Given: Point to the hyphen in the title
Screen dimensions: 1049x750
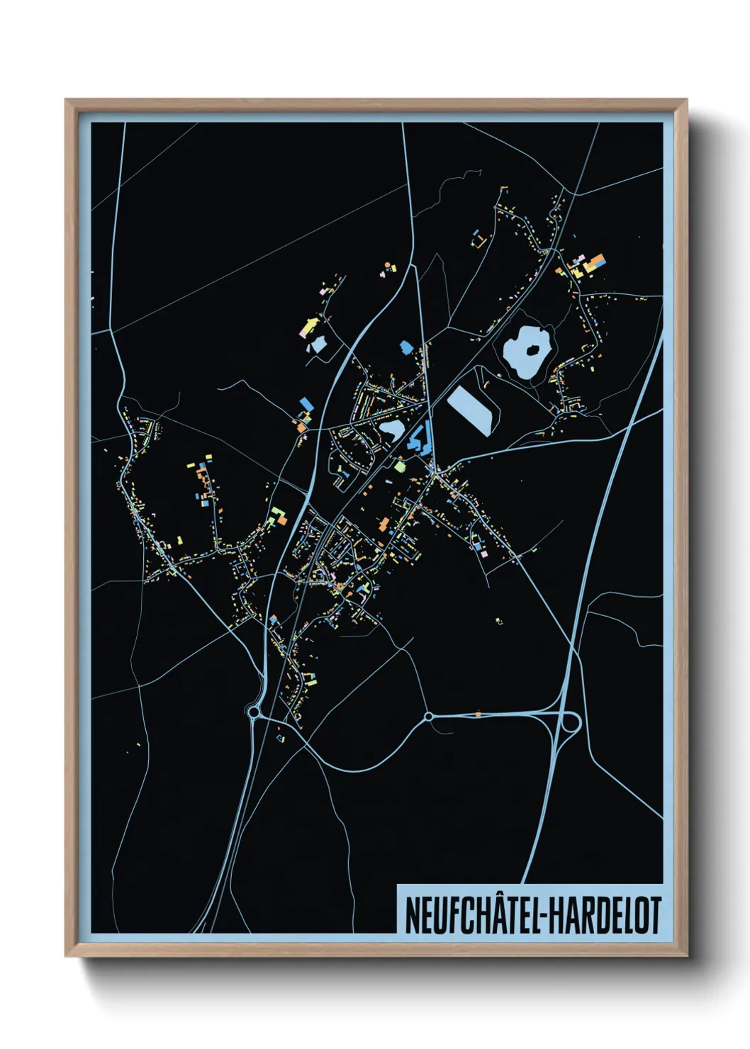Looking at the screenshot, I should point(543,917).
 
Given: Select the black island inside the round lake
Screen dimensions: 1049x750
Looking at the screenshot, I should point(530,348).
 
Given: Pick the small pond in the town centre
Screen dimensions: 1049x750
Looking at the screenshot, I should point(391,430).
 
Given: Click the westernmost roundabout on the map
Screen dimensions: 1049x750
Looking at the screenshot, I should point(254,711).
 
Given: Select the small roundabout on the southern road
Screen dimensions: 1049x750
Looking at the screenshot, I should point(428,717).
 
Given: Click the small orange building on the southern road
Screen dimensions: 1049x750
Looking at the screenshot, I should point(478,714).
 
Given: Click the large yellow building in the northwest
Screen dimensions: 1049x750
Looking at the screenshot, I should point(309,327).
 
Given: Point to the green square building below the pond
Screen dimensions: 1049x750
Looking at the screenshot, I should point(399,466).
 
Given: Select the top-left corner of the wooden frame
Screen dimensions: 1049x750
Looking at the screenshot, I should point(66,101).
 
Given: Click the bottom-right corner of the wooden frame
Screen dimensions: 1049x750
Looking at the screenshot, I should point(686,955).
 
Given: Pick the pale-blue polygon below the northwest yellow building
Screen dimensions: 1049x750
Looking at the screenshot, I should point(316,345).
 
